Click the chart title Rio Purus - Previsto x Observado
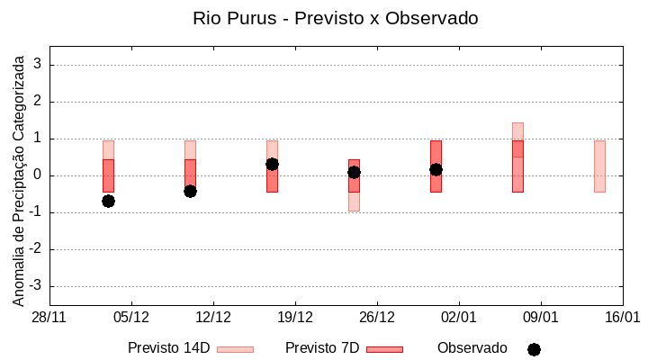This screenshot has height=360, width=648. click(335, 18)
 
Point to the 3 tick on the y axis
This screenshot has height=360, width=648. click(38, 65)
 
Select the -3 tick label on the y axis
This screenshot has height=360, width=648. click(35, 286)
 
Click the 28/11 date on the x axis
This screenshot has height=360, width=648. click(49, 318)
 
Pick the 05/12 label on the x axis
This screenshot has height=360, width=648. click(131, 318)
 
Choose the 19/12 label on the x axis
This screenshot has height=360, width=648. click(295, 318)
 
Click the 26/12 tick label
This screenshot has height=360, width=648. click(377, 318)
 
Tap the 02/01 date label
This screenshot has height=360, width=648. click(459, 318)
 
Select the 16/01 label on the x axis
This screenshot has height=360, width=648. click(622, 318)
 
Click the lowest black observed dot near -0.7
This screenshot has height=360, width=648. click(108, 201)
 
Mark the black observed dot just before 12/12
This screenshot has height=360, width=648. click(190, 191)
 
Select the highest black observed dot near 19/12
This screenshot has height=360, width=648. click(272, 164)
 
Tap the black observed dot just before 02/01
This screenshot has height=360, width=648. click(436, 169)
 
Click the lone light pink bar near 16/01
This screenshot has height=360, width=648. click(599, 166)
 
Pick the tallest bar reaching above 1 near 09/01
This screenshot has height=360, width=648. click(517, 157)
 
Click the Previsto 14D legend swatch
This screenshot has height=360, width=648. click(235, 349)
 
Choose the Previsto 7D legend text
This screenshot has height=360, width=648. click(322, 348)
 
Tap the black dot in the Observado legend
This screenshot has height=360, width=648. click(534, 349)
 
